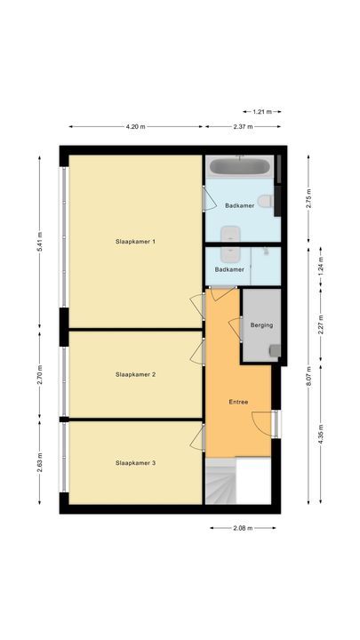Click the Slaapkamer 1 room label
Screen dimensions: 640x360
click(135, 241)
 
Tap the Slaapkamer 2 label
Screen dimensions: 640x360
click(135, 374)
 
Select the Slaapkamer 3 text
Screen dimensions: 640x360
click(135, 463)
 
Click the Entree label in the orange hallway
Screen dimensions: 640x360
click(238, 402)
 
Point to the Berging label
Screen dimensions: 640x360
click(261, 325)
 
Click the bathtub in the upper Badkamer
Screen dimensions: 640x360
click(240, 167)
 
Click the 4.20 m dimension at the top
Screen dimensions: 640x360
click(136, 126)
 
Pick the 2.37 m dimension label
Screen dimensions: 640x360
click(244, 126)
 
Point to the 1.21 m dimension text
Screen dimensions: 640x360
click(261, 112)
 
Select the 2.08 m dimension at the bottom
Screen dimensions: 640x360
click(243, 528)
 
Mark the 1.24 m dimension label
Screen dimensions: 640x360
click(321, 264)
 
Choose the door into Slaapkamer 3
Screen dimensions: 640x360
click(196, 435)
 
